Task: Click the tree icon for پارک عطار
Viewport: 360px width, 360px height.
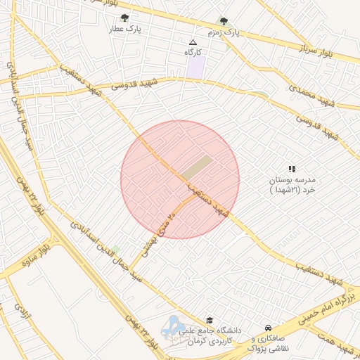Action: point(124,18)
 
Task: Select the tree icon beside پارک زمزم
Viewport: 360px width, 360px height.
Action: point(224,22)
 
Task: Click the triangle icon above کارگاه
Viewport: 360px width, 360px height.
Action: point(193,42)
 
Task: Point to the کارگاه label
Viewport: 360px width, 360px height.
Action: point(193,53)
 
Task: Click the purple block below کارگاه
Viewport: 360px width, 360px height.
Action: point(195,67)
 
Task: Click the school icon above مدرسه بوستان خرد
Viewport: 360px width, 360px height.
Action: point(292,169)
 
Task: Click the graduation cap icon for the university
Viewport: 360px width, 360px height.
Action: point(209,320)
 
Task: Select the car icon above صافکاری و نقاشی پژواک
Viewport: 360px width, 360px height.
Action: point(268,328)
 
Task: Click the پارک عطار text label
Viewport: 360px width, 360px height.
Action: point(124,30)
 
